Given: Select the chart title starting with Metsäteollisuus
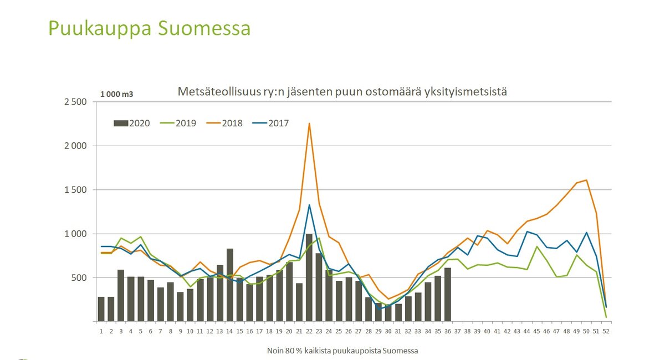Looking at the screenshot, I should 342,91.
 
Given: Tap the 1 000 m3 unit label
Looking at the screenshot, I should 116,94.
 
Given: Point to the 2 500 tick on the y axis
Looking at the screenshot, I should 75,102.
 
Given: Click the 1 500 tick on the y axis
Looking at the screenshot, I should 75,190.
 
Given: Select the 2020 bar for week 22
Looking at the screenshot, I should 309,277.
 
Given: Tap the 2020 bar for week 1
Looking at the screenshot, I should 101,309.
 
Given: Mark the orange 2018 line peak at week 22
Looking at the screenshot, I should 309,124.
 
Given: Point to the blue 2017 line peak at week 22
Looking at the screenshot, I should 309,205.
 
